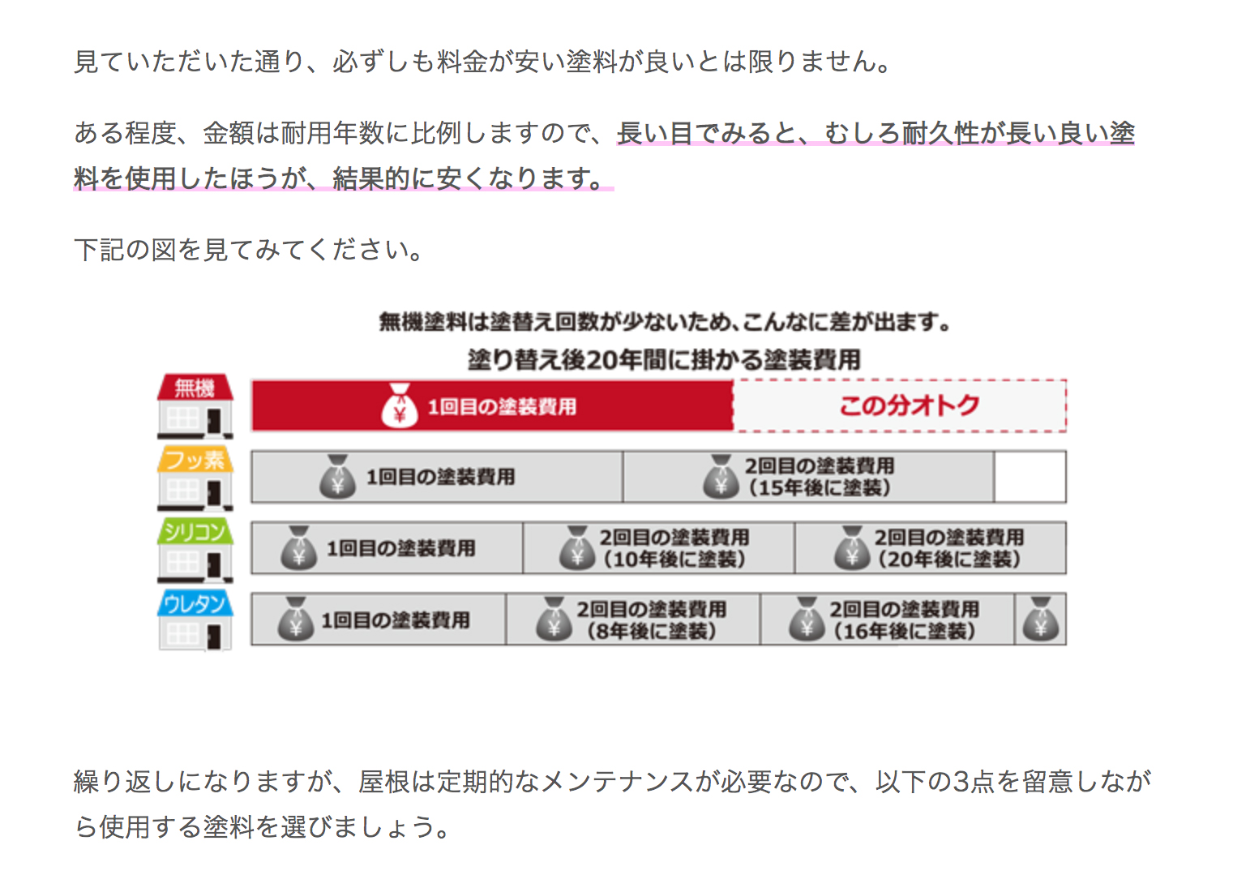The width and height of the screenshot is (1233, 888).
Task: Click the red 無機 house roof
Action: (195, 388)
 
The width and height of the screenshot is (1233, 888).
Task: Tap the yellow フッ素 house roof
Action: (195, 459)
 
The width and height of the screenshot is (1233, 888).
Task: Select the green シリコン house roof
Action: (195, 531)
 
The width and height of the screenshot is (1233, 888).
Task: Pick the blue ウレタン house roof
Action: (195, 603)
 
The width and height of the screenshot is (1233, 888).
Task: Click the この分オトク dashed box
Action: (901, 405)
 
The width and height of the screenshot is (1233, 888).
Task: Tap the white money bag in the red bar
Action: (400, 405)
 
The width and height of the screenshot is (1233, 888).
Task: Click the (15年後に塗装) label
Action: (820, 487)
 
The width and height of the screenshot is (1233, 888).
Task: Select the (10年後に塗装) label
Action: (674, 560)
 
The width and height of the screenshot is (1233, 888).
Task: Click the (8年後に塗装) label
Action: (652, 631)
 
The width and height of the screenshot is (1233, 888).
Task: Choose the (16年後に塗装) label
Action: (905, 631)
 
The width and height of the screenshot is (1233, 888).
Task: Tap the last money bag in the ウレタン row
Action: (1040, 619)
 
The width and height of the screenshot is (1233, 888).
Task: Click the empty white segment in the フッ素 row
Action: (1030, 477)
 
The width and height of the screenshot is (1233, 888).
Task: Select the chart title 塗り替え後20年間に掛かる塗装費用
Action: (664, 360)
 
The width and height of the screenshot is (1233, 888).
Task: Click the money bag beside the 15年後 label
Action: (721, 477)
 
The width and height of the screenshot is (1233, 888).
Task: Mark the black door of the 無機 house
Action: (214, 421)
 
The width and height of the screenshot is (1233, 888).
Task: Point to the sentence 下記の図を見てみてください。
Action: (249, 250)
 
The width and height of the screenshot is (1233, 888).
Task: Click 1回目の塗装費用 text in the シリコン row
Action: (400, 548)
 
